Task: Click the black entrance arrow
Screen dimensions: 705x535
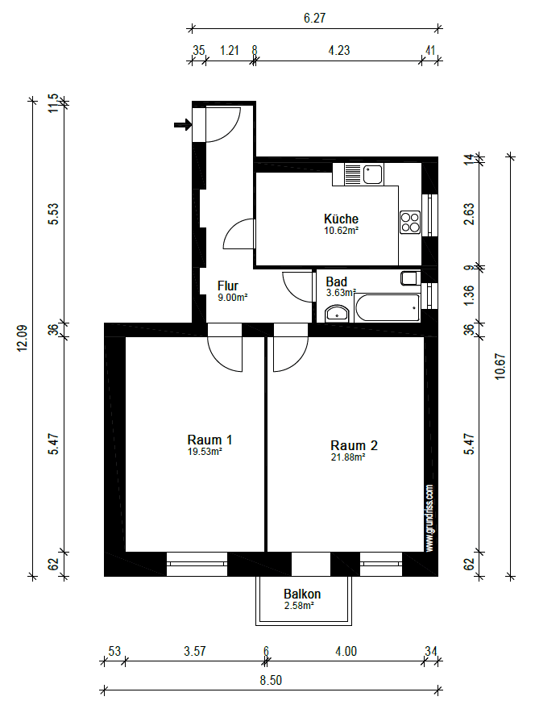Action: (182, 124)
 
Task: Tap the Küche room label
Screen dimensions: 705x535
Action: (341, 219)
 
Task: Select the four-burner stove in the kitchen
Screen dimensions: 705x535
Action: (410, 221)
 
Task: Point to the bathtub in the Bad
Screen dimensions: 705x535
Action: (388, 308)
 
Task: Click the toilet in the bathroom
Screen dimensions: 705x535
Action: (410, 279)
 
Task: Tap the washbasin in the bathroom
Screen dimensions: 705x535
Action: (338, 313)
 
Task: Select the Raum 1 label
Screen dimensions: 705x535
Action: (209, 440)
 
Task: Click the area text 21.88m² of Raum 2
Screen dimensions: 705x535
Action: (349, 457)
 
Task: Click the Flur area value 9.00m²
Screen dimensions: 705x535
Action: (232, 297)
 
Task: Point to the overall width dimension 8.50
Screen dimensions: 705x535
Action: (271, 680)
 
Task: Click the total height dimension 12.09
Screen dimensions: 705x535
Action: (23, 337)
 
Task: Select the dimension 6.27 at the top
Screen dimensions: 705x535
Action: (315, 17)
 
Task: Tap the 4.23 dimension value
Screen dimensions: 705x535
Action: (339, 49)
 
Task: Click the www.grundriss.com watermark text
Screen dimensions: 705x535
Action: (430, 518)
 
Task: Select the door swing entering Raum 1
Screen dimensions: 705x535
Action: (224, 353)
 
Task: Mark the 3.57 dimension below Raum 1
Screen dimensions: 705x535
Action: (193, 651)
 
